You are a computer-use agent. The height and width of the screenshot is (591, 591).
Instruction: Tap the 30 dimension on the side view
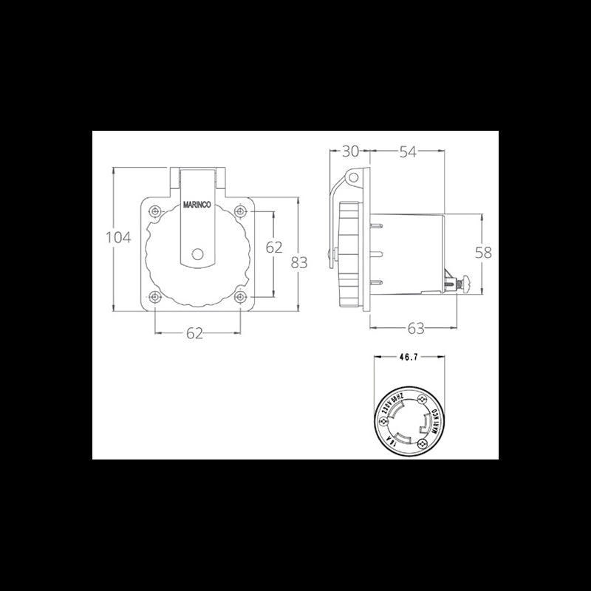(350, 151)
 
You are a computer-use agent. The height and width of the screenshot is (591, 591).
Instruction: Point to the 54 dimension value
(408, 151)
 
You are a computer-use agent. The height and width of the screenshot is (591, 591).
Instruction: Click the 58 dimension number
(483, 253)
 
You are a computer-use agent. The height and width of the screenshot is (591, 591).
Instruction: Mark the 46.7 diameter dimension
(409, 358)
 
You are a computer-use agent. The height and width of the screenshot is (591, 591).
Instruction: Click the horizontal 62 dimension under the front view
(194, 334)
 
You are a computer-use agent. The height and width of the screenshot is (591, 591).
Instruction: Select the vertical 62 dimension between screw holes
(274, 247)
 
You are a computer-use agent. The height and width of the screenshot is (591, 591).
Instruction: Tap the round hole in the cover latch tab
(197, 254)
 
